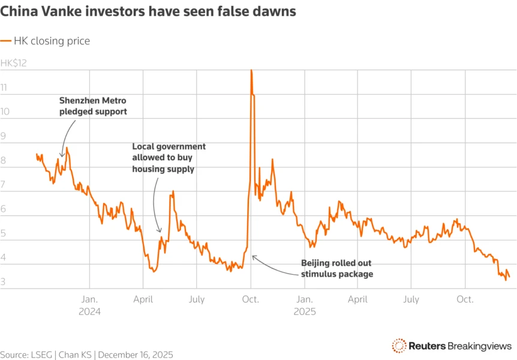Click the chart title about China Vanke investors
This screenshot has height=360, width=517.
pos(148,11)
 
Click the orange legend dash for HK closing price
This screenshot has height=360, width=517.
pos(6,41)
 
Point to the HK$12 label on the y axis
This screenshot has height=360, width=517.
pos(14,63)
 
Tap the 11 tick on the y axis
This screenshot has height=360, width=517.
pos(4,88)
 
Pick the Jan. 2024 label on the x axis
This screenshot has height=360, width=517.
pos(89,305)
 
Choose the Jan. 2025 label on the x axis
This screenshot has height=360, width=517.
pos(304,305)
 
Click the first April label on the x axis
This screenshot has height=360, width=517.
pos(143,299)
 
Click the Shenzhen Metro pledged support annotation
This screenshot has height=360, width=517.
pos(93,106)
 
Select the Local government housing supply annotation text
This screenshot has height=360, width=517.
pos(169,158)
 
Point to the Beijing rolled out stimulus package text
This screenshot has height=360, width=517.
pos(336,268)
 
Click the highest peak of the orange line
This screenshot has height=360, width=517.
pos(251,71)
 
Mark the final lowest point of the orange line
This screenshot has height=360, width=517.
pos(506,280)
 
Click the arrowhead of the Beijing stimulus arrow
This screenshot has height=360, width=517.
pos(253,256)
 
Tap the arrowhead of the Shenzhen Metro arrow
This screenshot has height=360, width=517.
pos(62,155)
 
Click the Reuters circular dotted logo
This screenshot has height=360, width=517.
pos(399,345)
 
